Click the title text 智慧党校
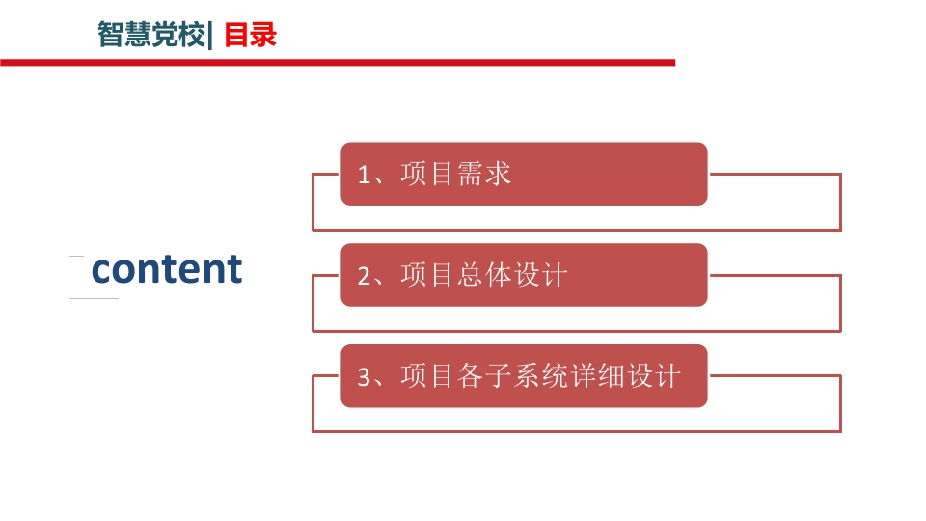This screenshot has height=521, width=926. pyautogui.click(x=151, y=35)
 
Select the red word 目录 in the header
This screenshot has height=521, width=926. pyautogui.click(x=251, y=35)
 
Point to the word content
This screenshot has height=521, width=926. pyautogui.click(x=167, y=269)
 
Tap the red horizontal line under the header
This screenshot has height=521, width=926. pyautogui.click(x=338, y=62)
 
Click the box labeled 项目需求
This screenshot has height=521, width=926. pyautogui.click(x=524, y=174)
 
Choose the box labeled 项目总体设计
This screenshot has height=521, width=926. pyautogui.click(x=524, y=275)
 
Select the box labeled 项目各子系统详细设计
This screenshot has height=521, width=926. pyautogui.click(x=524, y=375)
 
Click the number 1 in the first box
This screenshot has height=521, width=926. pyautogui.click(x=364, y=175)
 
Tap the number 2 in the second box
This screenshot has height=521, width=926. pyautogui.click(x=364, y=276)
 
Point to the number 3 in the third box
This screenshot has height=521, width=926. pyautogui.click(x=364, y=377)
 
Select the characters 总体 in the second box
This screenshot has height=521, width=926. pyautogui.click(x=484, y=275)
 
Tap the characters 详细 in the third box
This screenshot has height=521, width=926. pyautogui.click(x=596, y=375)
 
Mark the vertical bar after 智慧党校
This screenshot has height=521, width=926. pyautogui.click(x=210, y=36)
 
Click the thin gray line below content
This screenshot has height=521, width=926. pyautogui.click(x=94, y=298)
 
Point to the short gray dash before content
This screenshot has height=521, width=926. pyautogui.click(x=76, y=256)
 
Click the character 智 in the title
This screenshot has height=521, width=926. pyautogui.click(x=110, y=35)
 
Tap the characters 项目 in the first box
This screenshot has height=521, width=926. pyautogui.click(x=427, y=174)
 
